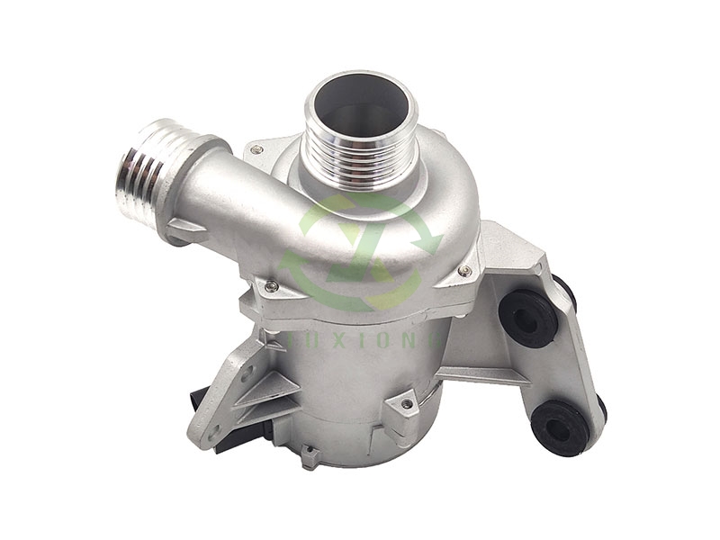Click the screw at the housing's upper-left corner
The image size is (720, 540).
(257, 148)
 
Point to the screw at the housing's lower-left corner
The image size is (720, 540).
(271, 286)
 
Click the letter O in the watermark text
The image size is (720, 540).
(390, 335)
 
